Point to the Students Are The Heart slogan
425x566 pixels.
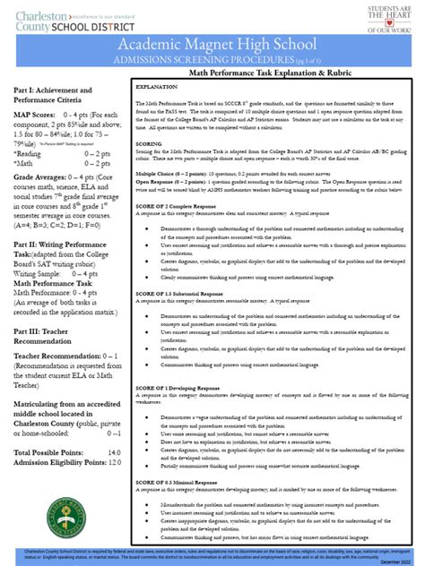tap(392, 16)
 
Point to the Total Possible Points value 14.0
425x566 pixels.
tap(114, 478)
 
